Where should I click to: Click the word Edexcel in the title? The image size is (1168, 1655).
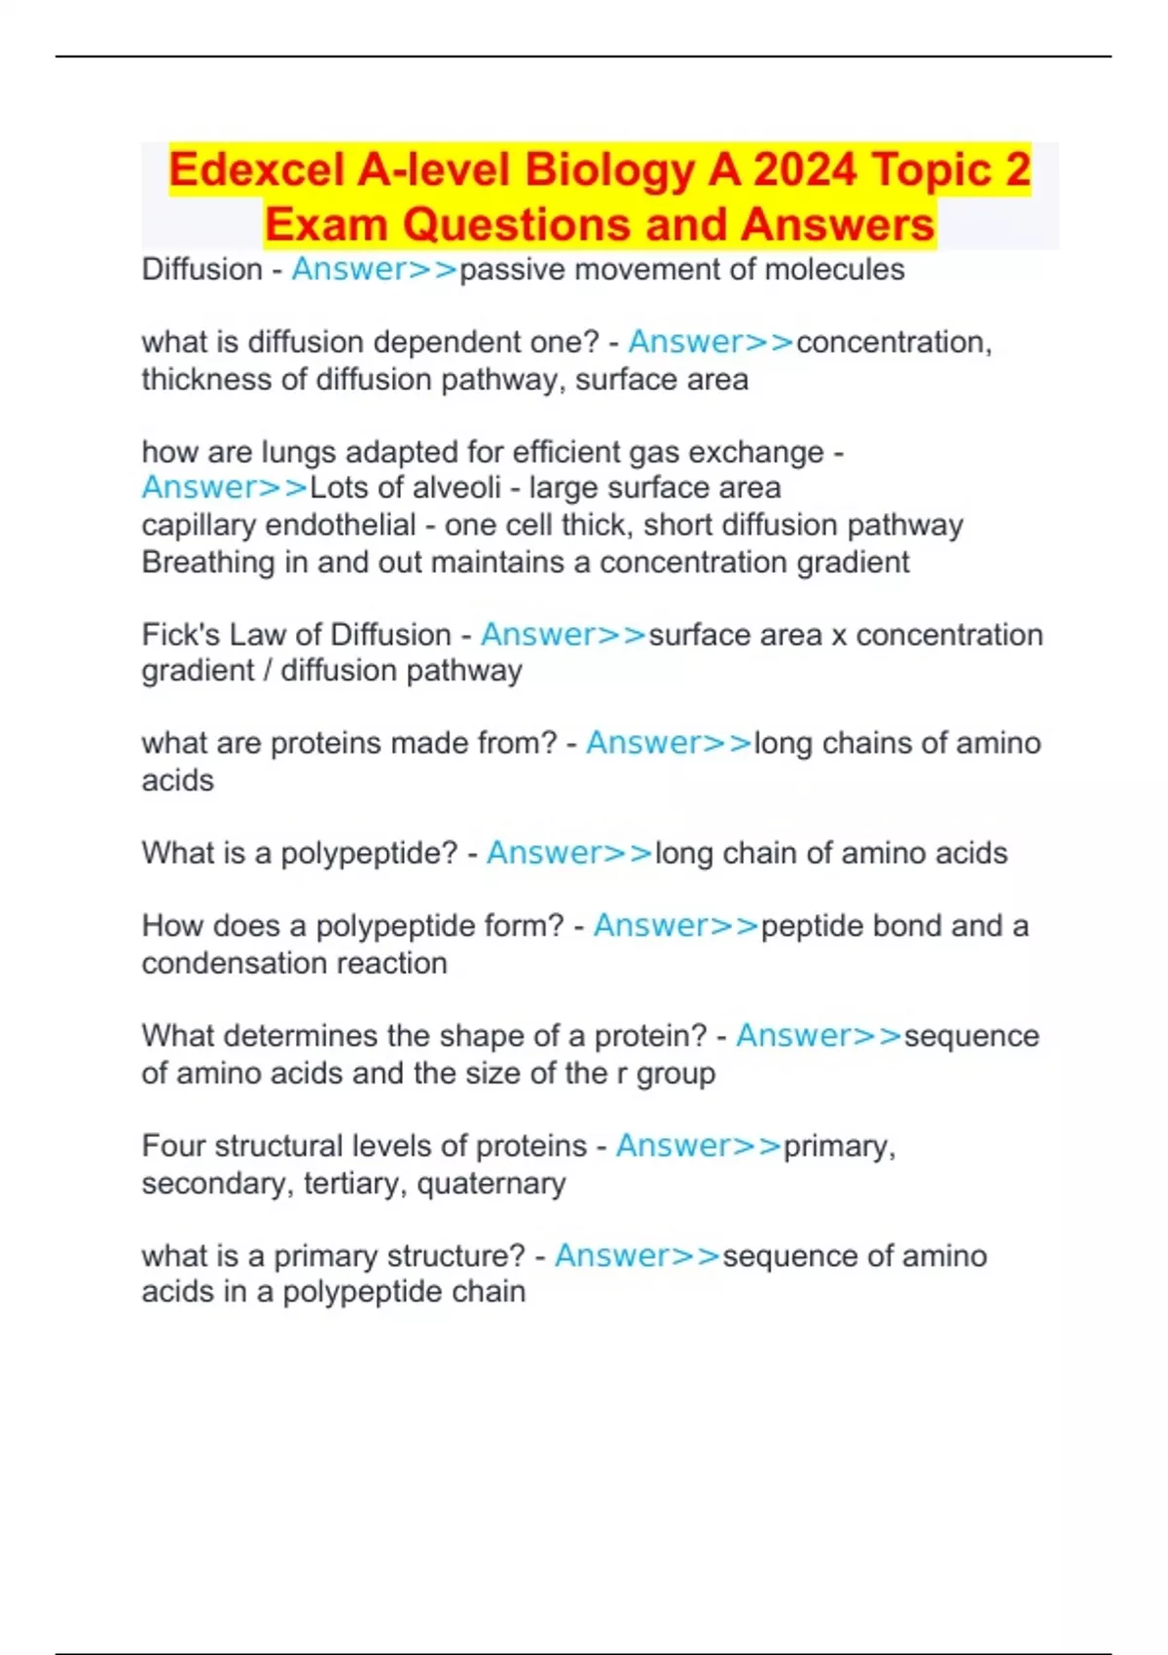click(256, 169)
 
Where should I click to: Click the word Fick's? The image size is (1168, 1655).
click(180, 635)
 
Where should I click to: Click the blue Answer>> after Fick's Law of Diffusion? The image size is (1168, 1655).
click(564, 635)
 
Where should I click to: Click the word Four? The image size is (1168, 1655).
click(173, 1146)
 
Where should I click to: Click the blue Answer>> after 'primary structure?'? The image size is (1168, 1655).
click(638, 1256)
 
